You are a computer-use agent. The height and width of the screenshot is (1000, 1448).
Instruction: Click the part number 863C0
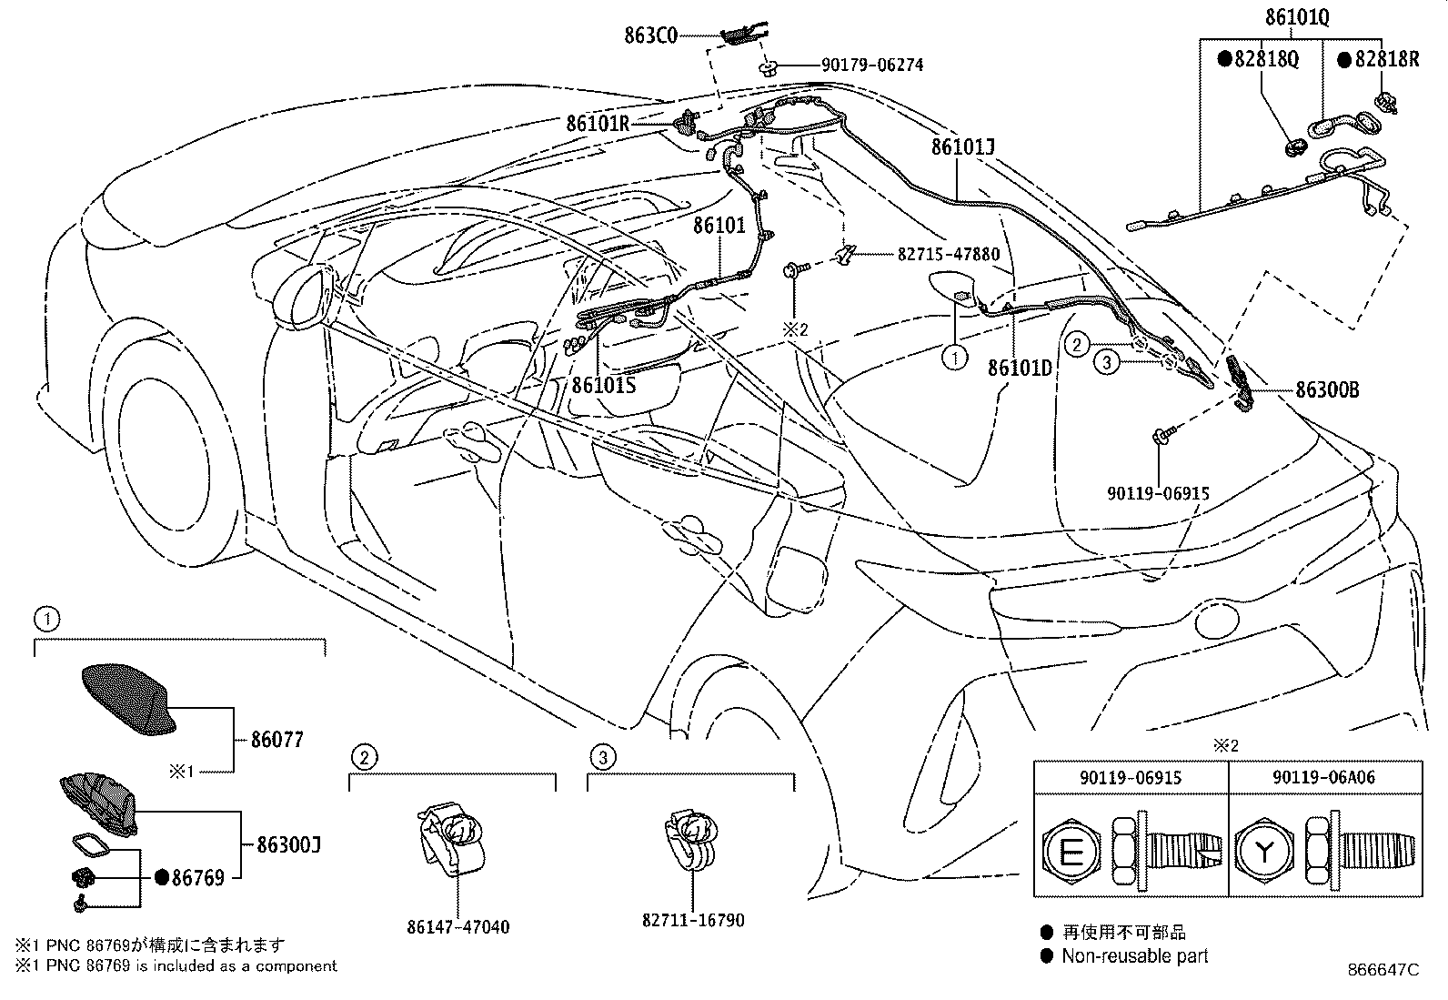pyautogui.click(x=650, y=35)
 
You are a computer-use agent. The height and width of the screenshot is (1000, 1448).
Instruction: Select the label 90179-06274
pyautogui.click(x=872, y=65)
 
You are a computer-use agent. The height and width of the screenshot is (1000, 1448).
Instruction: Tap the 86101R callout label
pyautogui.click(x=598, y=123)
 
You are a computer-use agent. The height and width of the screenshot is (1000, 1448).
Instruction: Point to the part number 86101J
pyautogui.click(x=962, y=146)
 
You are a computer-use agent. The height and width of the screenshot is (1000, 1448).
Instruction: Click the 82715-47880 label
pyautogui.click(x=949, y=254)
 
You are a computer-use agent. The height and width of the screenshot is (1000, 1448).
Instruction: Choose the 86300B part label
pyautogui.click(x=1327, y=389)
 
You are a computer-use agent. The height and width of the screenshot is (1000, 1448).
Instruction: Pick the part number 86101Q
pyautogui.click(x=1297, y=16)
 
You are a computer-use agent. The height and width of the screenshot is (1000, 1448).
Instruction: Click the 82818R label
pyautogui.click(x=1379, y=59)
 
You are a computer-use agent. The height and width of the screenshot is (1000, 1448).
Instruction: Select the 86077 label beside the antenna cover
pyautogui.click(x=277, y=740)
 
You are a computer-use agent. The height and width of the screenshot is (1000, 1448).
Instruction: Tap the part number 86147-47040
pyautogui.click(x=458, y=927)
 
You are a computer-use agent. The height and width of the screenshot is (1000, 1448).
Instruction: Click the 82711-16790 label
pyautogui.click(x=693, y=920)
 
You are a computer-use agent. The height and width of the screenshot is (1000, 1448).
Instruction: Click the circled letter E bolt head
pyautogui.click(x=1071, y=854)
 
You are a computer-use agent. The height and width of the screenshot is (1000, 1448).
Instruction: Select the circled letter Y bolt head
pyautogui.click(x=1264, y=852)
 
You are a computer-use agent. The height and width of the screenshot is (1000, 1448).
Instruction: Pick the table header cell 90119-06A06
pyautogui.click(x=1324, y=777)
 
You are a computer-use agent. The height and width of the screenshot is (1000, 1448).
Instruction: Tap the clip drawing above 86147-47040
pyautogui.click(x=452, y=837)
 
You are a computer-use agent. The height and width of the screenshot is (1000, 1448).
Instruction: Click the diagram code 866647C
pyautogui.click(x=1383, y=969)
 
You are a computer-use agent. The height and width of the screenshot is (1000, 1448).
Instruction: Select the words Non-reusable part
pyautogui.click(x=1134, y=955)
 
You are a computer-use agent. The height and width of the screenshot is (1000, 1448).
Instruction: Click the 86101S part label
pyautogui.click(x=603, y=385)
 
